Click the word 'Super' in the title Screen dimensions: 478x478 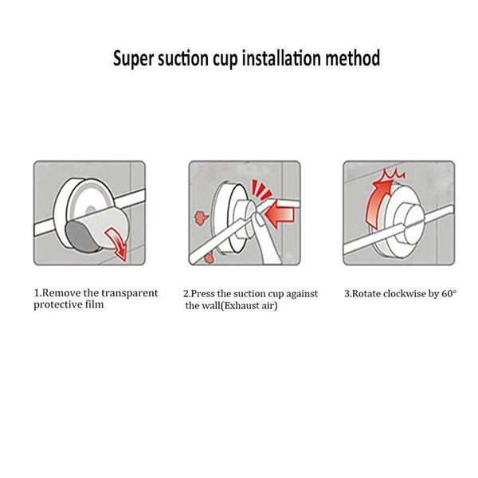tap(133, 58)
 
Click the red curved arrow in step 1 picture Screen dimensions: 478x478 tap(117, 243)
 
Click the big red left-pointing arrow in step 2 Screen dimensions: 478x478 tap(280, 214)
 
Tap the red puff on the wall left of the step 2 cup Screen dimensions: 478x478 tap(201, 217)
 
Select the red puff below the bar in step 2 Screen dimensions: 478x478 tap(209, 259)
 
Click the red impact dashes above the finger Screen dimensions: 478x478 tap(261, 190)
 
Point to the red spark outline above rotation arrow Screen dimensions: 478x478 tap(394, 174)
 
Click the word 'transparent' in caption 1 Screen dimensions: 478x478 tap(130, 293)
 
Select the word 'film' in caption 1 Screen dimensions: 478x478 tap(95, 304)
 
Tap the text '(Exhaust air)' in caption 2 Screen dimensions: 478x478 tap(249, 305)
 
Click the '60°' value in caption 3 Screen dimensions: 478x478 tap(449, 293)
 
